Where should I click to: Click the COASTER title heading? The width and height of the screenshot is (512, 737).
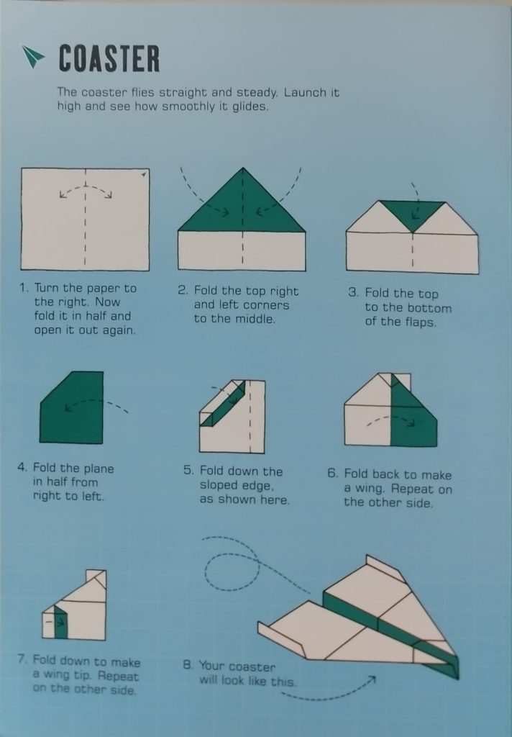(109, 58)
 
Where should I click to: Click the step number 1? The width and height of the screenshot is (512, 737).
(24, 288)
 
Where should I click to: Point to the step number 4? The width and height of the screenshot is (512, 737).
(22, 467)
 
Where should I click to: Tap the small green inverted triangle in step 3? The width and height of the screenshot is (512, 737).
(413, 214)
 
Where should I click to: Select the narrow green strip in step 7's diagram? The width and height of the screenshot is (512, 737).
(61, 623)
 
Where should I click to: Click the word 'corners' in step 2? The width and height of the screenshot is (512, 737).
(265, 305)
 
